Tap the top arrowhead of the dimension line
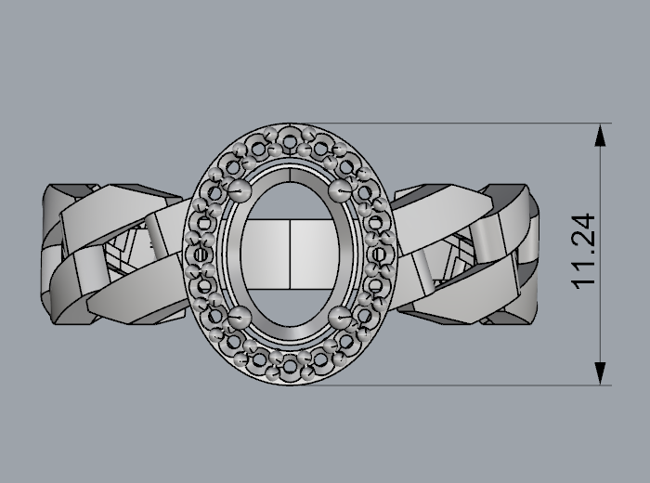pyautogui.click(x=602, y=136)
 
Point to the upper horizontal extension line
pyautogui.click(x=464, y=124)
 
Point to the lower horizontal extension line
pyautogui.click(x=464, y=385)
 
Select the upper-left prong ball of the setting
pyautogui.click(x=241, y=190)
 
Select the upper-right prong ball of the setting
pyautogui.click(x=340, y=190)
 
